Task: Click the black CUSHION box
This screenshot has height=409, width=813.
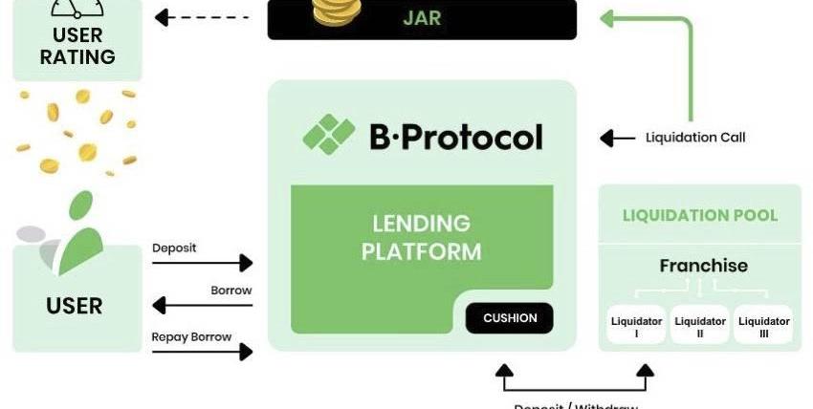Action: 509,318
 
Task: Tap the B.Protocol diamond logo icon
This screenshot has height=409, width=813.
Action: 329,135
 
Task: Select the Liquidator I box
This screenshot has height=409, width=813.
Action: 636,326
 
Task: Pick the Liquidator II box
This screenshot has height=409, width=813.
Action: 700,326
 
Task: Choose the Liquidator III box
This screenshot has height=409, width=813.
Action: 763,326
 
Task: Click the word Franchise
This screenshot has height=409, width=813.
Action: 703,266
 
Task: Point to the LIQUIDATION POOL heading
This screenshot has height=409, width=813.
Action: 700,215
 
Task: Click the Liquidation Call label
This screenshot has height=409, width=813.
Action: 694,138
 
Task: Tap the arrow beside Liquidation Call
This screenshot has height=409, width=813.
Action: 618,138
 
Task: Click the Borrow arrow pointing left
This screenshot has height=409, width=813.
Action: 202,306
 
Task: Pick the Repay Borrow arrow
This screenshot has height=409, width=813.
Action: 202,351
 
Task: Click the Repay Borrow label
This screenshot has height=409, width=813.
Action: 191,336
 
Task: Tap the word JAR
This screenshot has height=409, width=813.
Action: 421,17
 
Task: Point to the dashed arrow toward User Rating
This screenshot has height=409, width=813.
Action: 207,17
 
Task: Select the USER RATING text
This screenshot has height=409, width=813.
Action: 77,46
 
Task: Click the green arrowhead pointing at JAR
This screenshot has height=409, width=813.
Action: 608,17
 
